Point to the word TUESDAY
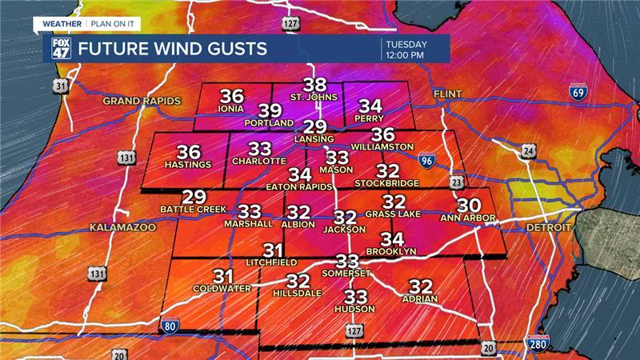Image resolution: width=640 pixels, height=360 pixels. (x=407, y=43)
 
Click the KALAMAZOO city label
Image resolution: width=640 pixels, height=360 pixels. (x=122, y=228)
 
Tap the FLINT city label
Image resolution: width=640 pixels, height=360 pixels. (x=448, y=94)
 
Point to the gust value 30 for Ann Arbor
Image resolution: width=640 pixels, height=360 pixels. (x=469, y=206)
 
